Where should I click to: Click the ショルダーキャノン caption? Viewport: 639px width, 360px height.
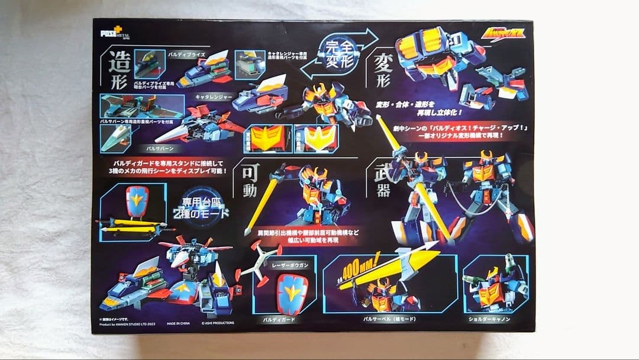pyautogui.click(x=490, y=319)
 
